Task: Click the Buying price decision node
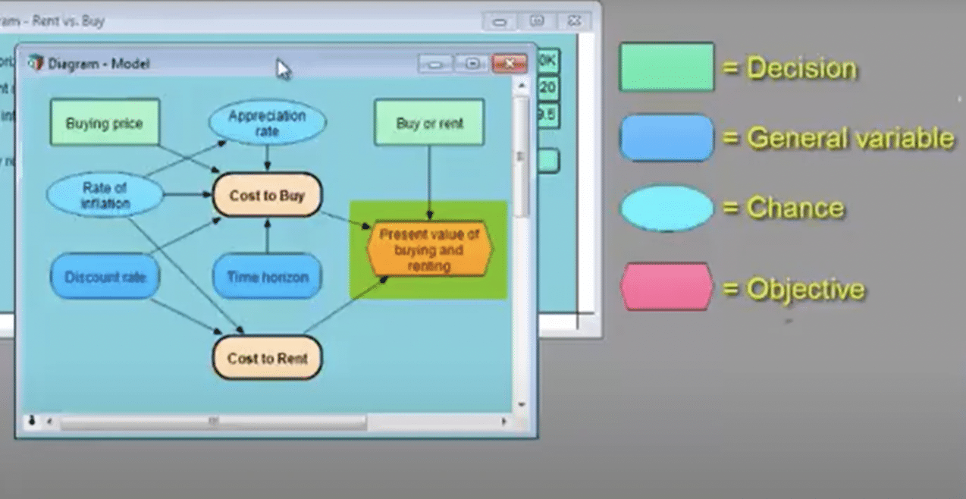pyautogui.click(x=105, y=122)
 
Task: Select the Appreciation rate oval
pyautogui.click(x=267, y=123)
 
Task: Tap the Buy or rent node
pyautogui.click(x=429, y=122)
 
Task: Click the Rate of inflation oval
pyautogui.click(x=105, y=195)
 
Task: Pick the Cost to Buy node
pyautogui.click(x=267, y=195)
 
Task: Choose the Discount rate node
pyautogui.click(x=105, y=276)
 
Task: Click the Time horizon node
pyautogui.click(x=267, y=276)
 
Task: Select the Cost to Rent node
pyautogui.click(x=267, y=357)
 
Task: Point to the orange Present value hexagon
pyautogui.click(x=429, y=249)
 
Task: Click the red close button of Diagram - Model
pyautogui.click(x=509, y=64)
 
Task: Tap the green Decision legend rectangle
pyautogui.click(x=666, y=67)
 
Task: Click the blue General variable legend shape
pyautogui.click(x=666, y=138)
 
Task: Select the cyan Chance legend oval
pyautogui.click(x=666, y=208)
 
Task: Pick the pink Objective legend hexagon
pyautogui.click(x=666, y=287)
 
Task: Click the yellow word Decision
pyautogui.click(x=801, y=68)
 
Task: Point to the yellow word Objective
pyautogui.click(x=805, y=289)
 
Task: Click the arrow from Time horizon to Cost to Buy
pyautogui.click(x=267, y=236)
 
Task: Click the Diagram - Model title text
pyautogui.click(x=99, y=64)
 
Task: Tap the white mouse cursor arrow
pyautogui.click(x=283, y=69)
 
